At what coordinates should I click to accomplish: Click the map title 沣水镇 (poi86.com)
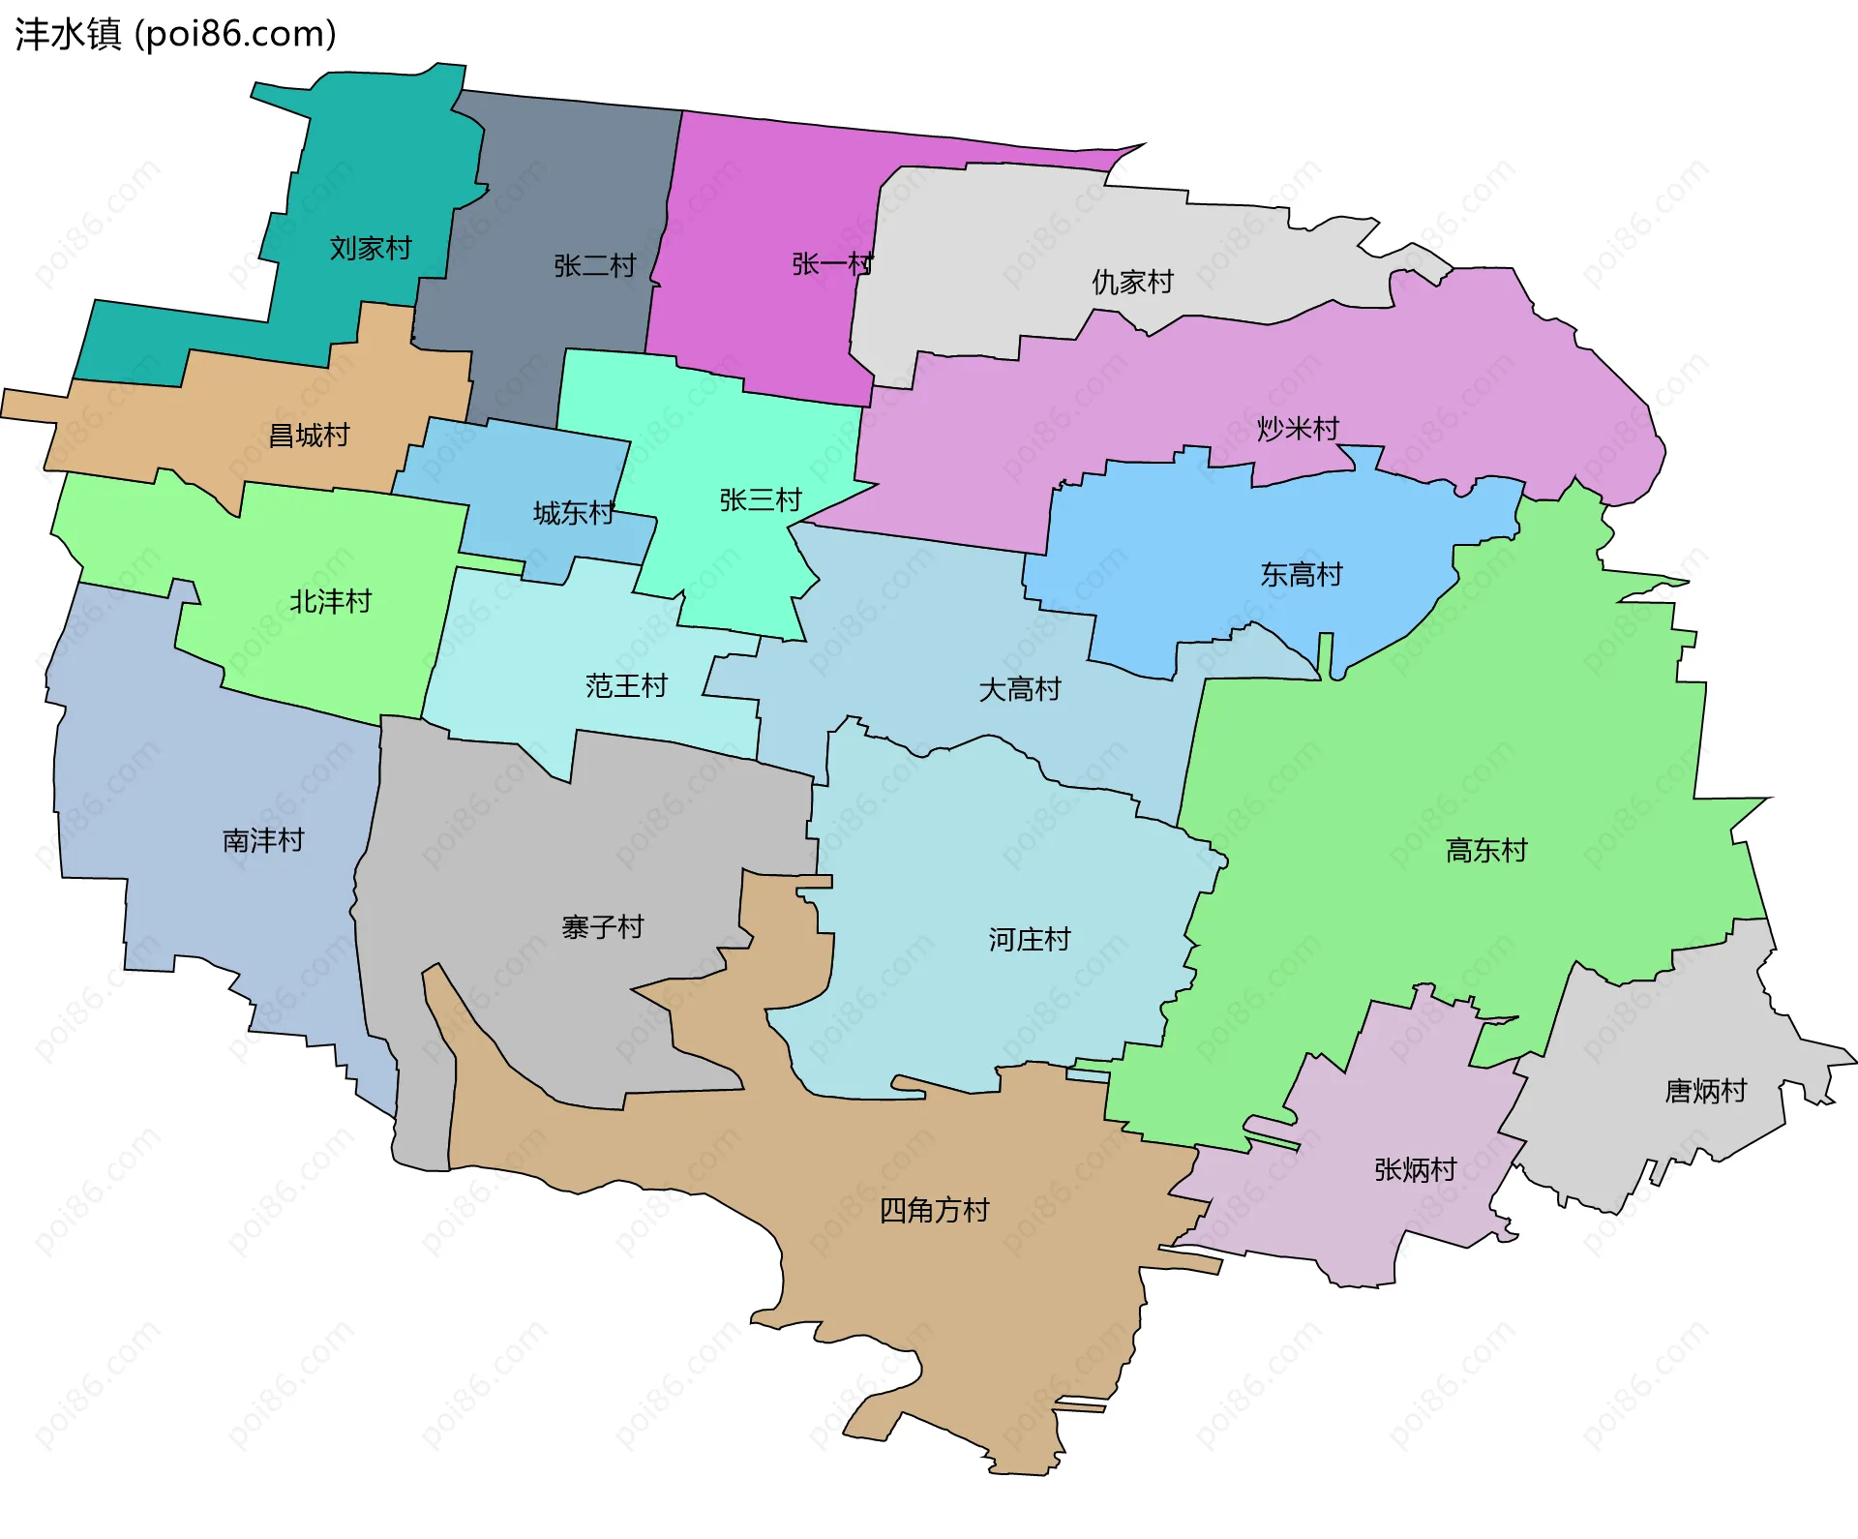[x=175, y=34]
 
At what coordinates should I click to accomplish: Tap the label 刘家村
[x=371, y=249]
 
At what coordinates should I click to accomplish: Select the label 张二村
[x=594, y=265]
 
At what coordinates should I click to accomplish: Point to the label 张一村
[x=832, y=263]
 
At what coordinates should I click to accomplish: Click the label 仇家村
[x=1132, y=283]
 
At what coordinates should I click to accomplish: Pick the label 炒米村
[x=1298, y=428]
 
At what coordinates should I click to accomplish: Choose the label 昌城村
[x=309, y=436]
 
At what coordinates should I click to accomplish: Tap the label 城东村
[x=574, y=513]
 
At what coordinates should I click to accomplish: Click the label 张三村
[x=761, y=500]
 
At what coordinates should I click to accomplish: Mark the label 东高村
[x=1302, y=575]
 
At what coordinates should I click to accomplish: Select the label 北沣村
[x=331, y=602]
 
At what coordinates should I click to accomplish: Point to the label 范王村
[x=626, y=686]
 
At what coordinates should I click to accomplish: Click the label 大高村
[x=1020, y=690]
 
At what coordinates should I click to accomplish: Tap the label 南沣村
[x=263, y=840]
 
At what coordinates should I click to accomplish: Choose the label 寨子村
[x=602, y=927]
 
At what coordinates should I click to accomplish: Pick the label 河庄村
[x=1030, y=940]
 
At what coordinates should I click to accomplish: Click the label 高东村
[x=1486, y=851]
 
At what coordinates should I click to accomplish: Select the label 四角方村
[x=934, y=1211]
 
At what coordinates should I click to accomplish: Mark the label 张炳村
[x=1415, y=1170]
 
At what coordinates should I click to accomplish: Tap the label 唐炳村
[x=1705, y=1092]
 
